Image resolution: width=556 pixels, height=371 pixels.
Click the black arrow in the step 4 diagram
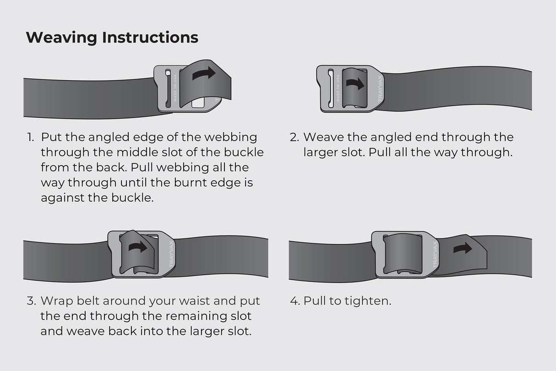pyautogui.click(x=463, y=249)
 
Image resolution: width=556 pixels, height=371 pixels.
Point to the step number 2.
pyautogui.click(x=294, y=137)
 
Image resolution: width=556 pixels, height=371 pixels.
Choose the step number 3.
pyautogui.click(x=31, y=301)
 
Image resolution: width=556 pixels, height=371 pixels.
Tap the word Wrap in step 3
pyautogui.click(x=55, y=301)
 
